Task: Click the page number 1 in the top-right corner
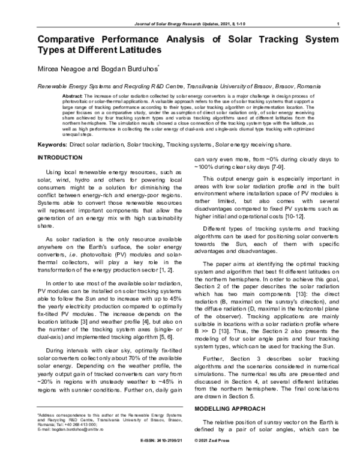[339, 23]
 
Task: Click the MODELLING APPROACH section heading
[230, 408]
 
